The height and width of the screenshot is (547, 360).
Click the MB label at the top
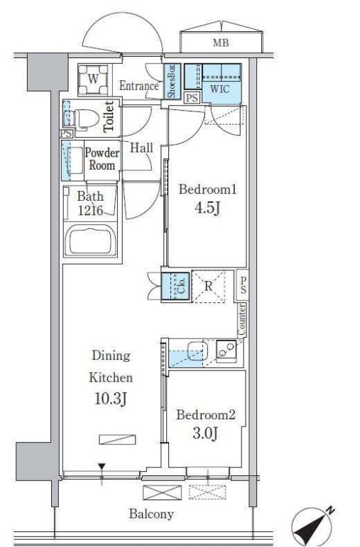click(221, 43)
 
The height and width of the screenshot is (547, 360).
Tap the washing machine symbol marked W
click(93, 79)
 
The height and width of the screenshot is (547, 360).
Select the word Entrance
click(139, 85)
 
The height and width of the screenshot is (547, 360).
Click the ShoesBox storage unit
click(173, 82)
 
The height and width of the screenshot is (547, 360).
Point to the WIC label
click(219, 89)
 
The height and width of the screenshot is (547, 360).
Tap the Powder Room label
click(102, 159)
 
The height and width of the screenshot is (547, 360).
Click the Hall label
click(141, 148)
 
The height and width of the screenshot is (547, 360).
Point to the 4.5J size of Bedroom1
click(207, 209)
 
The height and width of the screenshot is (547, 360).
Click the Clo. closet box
click(176, 286)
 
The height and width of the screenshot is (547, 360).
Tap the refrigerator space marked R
click(209, 287)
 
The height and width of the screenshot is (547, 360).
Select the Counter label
click(241, 319)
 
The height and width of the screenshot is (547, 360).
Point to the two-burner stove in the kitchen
click(227, 350)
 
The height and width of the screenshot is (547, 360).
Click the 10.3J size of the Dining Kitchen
click(111, 399)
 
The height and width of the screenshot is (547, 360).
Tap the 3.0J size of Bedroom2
click(206, 433)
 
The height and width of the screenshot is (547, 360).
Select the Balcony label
click(151, 514)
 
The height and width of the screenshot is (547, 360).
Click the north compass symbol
click(312, 526)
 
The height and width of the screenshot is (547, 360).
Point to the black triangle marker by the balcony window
click(102, 467)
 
